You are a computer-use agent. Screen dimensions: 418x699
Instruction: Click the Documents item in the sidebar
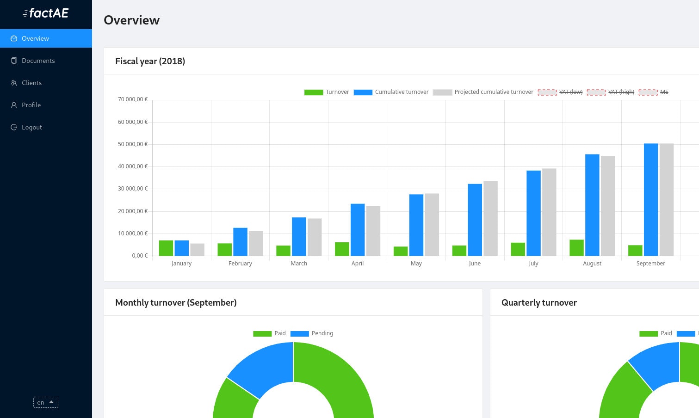(x=38, y=61)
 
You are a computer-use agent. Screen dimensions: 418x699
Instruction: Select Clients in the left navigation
(x=31, y=83)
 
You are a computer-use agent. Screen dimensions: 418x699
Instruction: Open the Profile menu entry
(x=31, y=105)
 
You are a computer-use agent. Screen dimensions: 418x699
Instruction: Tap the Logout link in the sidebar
(x=31, y=127)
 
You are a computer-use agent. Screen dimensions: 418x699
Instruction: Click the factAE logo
(x=46, y=13)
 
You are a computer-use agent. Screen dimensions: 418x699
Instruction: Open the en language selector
(x=45, y=402)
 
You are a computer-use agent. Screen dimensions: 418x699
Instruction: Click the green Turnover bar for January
(x=166, y=248)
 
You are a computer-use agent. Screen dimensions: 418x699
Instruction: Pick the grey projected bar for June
(x=490, y=218)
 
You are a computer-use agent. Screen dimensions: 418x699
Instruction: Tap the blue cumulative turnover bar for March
(x=299, y=236)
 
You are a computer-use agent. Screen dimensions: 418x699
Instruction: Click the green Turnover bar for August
(x=576, y=247)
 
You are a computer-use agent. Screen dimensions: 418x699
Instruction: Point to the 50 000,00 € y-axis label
(x=133, y=144)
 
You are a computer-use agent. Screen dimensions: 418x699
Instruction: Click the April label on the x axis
(x=358, y=264)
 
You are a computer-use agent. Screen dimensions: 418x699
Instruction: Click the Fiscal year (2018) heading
(x=150, y=61)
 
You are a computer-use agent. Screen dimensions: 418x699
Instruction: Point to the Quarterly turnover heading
(x=539, y=302)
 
